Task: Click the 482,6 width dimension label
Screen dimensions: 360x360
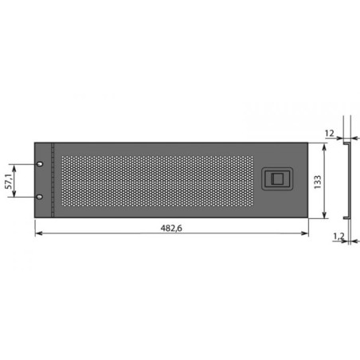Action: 171,228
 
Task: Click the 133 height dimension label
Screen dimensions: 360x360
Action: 318,182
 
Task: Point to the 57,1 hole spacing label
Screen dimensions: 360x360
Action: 9,182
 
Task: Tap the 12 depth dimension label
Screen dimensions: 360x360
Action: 329,133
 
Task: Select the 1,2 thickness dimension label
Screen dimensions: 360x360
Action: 338,236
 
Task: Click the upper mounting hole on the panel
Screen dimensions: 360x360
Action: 40,164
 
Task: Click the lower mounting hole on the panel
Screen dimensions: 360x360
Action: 40,197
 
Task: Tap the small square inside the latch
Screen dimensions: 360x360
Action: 278,178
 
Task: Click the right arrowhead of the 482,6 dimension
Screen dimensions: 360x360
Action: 305,233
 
